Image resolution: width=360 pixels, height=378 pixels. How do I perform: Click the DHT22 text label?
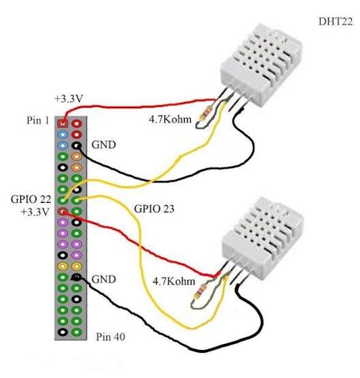[335, 22]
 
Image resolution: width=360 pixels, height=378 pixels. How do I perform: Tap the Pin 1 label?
[38, 120]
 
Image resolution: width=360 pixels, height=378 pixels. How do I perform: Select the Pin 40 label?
[110, 336]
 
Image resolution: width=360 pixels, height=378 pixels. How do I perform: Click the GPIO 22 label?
[31, 200]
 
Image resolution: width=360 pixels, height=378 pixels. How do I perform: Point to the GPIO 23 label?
[154, 209]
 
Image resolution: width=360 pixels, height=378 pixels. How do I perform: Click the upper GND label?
[104, 144]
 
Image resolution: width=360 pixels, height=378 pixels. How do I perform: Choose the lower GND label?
[104, 279]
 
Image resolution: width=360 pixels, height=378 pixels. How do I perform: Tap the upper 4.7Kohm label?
[170, 119]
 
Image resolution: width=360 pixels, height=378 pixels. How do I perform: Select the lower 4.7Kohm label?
[174, 281]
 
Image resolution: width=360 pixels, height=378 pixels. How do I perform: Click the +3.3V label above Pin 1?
[69, 99]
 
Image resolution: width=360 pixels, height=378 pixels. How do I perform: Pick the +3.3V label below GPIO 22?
[35, 212]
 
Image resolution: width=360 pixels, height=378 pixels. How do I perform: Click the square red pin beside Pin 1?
[63, 124]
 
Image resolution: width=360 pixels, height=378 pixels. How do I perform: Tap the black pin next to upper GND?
[76, 146]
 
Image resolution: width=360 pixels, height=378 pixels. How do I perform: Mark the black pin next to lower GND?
[76, 277]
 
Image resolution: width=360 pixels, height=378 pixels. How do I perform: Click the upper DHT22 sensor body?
[261, 63]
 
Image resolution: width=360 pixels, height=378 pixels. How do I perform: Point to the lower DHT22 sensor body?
[262, 238]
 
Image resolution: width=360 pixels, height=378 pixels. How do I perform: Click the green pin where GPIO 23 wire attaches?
[76, 200]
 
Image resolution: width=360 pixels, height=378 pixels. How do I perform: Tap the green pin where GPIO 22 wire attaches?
[63, 200]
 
